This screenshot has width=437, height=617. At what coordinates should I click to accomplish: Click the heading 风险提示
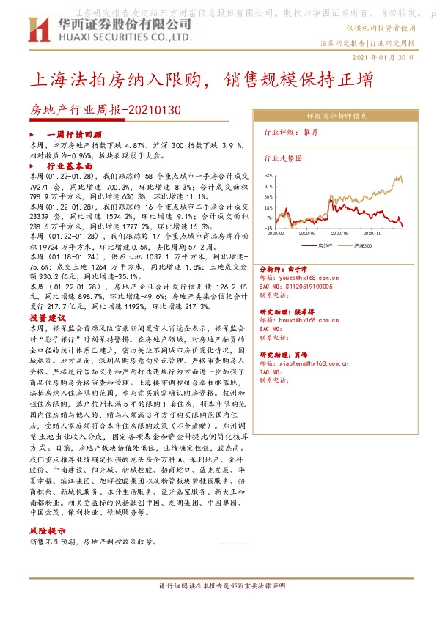48,531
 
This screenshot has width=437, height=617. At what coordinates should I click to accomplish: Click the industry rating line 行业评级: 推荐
291,133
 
